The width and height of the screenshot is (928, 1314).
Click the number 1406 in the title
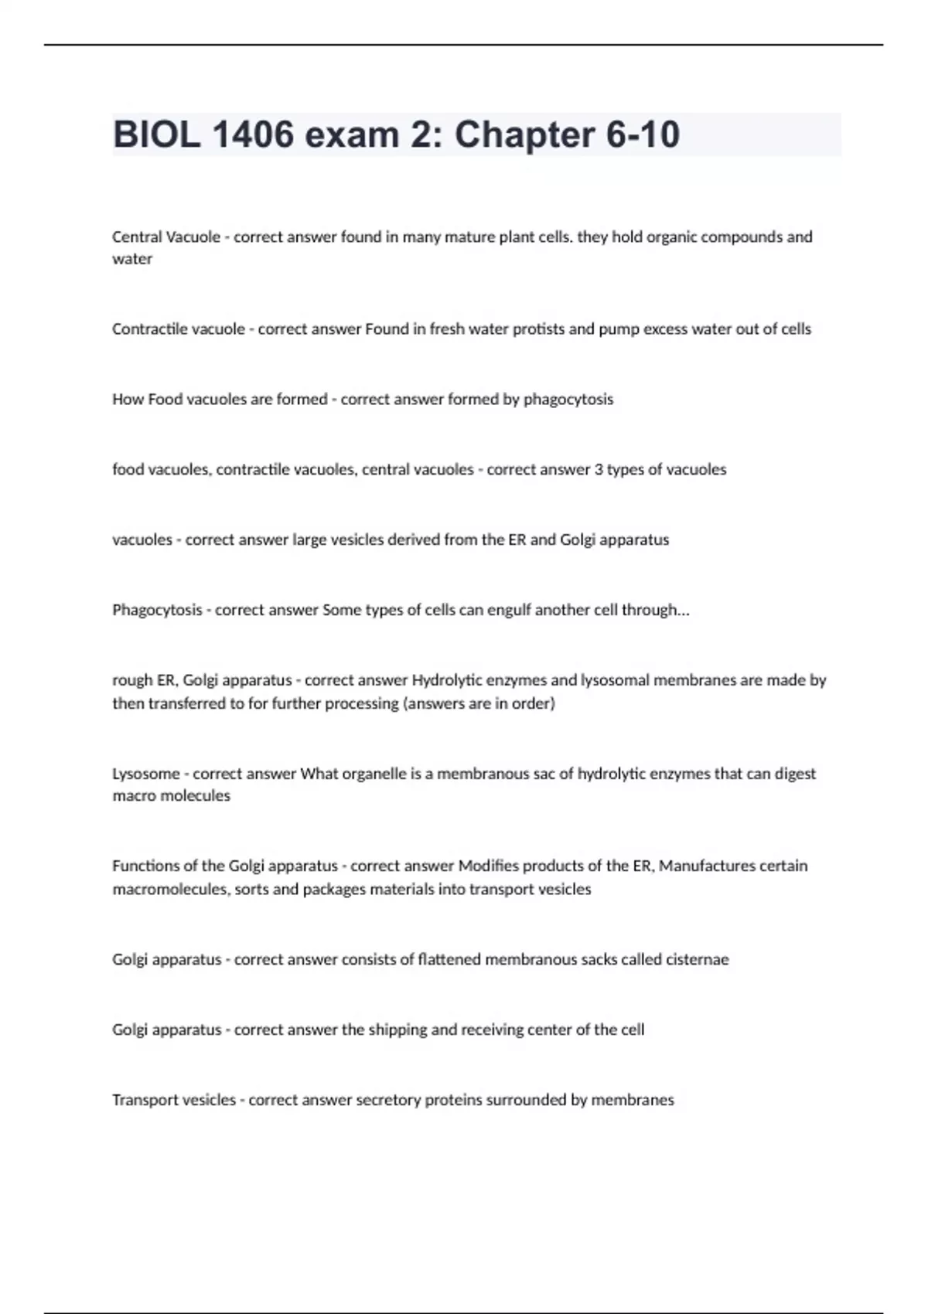252,134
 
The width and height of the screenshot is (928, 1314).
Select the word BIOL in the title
156,134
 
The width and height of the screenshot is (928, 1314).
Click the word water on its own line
132,259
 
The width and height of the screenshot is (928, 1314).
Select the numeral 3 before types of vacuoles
599,469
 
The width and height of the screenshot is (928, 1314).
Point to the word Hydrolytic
448,680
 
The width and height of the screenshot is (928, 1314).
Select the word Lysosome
146,774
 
